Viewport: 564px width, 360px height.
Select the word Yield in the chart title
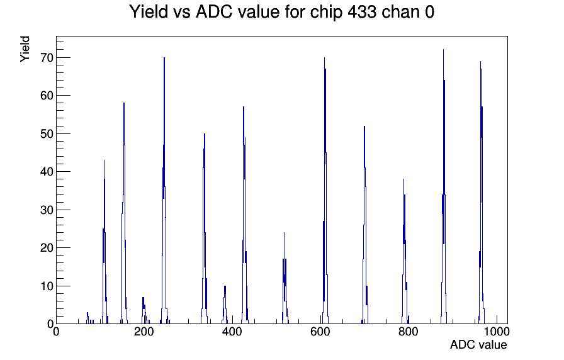point(149,12)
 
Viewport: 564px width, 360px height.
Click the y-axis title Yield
point(25,49)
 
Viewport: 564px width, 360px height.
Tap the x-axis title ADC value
point(478,344)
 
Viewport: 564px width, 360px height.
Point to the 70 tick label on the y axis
point(47,57)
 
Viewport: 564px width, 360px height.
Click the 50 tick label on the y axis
point(47,134)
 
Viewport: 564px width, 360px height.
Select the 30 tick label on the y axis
point(47,210)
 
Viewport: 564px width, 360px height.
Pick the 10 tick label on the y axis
point(47,286)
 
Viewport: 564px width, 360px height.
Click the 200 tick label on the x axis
point(144,331)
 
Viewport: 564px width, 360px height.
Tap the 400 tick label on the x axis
point(232,331)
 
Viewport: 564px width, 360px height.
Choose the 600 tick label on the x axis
point(320,331)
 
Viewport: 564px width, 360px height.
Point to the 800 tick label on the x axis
point(409,331)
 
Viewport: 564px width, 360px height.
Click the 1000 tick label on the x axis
point(497,331)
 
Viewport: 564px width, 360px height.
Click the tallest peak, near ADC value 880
point(444,187)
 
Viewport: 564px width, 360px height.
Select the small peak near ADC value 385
point(225,306)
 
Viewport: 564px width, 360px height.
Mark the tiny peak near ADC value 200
point(144,311)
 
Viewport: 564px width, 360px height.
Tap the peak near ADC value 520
point(285,279)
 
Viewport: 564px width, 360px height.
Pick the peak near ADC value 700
point(364,225)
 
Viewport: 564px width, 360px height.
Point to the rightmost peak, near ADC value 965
point(481,193)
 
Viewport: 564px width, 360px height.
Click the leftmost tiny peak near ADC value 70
point(87,318)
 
